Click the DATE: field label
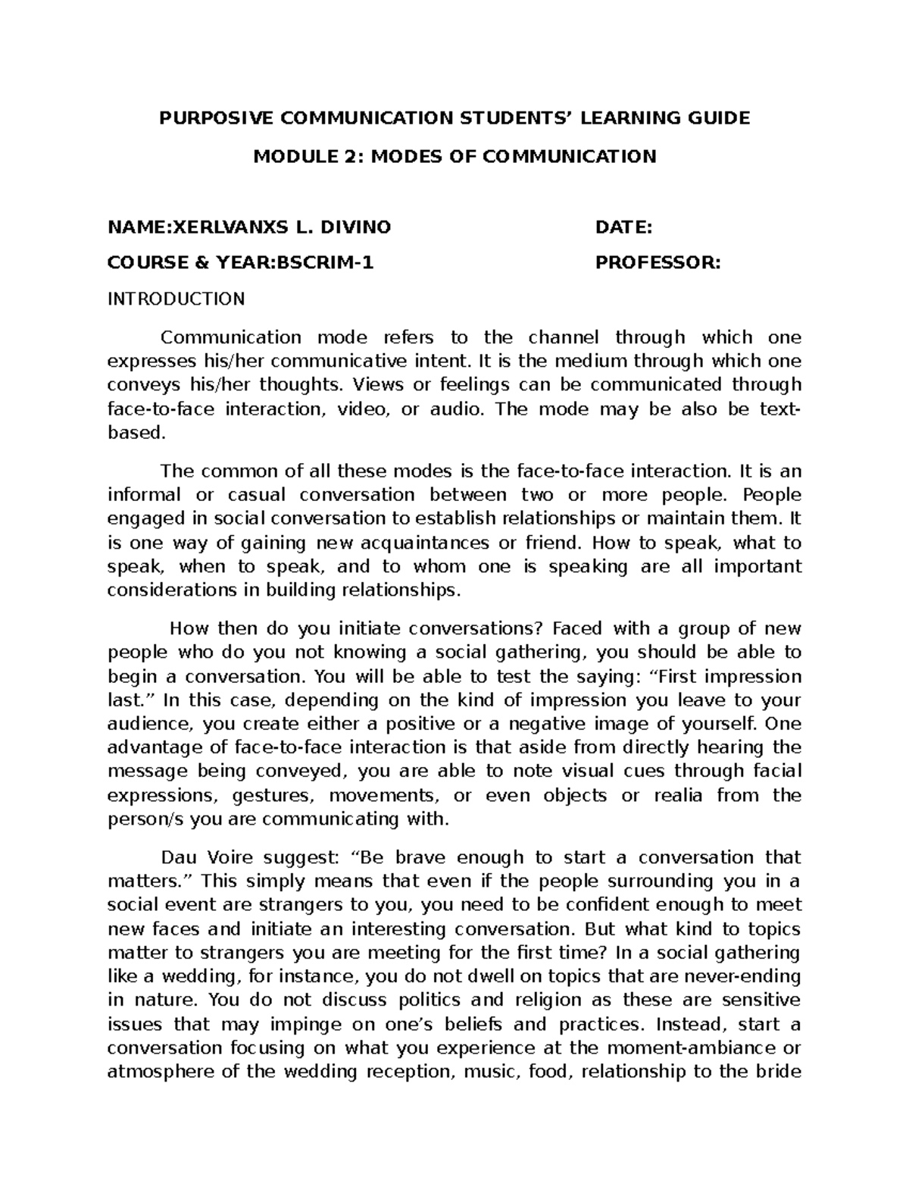(623, 227)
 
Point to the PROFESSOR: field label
(658, 263)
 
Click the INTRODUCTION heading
(176, 299)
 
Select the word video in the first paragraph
(361, 409)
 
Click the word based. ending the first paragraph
(136, 434)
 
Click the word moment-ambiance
(704, 1048)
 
